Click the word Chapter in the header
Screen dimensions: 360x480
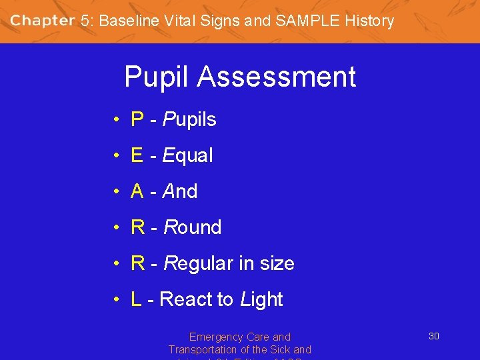pos(42,20)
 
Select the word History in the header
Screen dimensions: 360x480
pos(369,21)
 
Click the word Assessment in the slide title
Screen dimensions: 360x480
pos(277,77)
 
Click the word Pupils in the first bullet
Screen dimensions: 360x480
pos(190,120)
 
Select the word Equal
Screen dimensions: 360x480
pos(188,156)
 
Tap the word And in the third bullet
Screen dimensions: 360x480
pos(181,192)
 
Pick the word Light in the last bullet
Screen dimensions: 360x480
pos(261,300)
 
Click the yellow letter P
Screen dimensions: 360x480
pos(138,120)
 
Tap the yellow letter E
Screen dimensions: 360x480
pos(137,156)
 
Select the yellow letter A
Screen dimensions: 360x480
pos(138,192)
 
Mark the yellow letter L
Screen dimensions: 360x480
pos(137,300)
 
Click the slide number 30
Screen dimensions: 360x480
pos(433,336)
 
